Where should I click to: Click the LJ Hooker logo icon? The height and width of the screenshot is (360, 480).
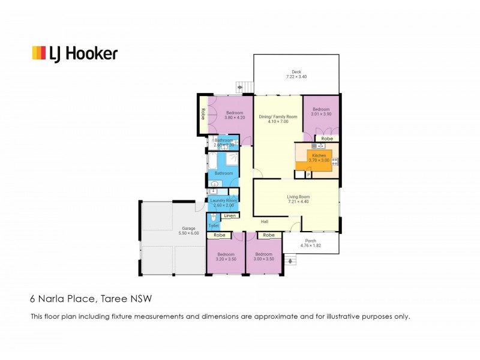[38, 53]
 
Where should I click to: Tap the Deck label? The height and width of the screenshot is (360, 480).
[296, 72]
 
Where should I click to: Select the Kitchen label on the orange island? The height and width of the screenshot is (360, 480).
[319, 155]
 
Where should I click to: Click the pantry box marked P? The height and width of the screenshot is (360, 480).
[308, 175]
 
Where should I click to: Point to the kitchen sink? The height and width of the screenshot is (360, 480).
[317, 146]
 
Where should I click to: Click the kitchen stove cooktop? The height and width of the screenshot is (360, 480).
[335, 161]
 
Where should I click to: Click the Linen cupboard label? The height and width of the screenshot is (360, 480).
[229, 215]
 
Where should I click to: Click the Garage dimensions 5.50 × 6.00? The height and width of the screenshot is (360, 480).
[188, 233]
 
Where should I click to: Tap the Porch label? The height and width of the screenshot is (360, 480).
[311, 241]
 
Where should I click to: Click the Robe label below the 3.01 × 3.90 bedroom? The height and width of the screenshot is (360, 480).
[327, 138]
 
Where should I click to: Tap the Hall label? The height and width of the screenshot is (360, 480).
[264, 221]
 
